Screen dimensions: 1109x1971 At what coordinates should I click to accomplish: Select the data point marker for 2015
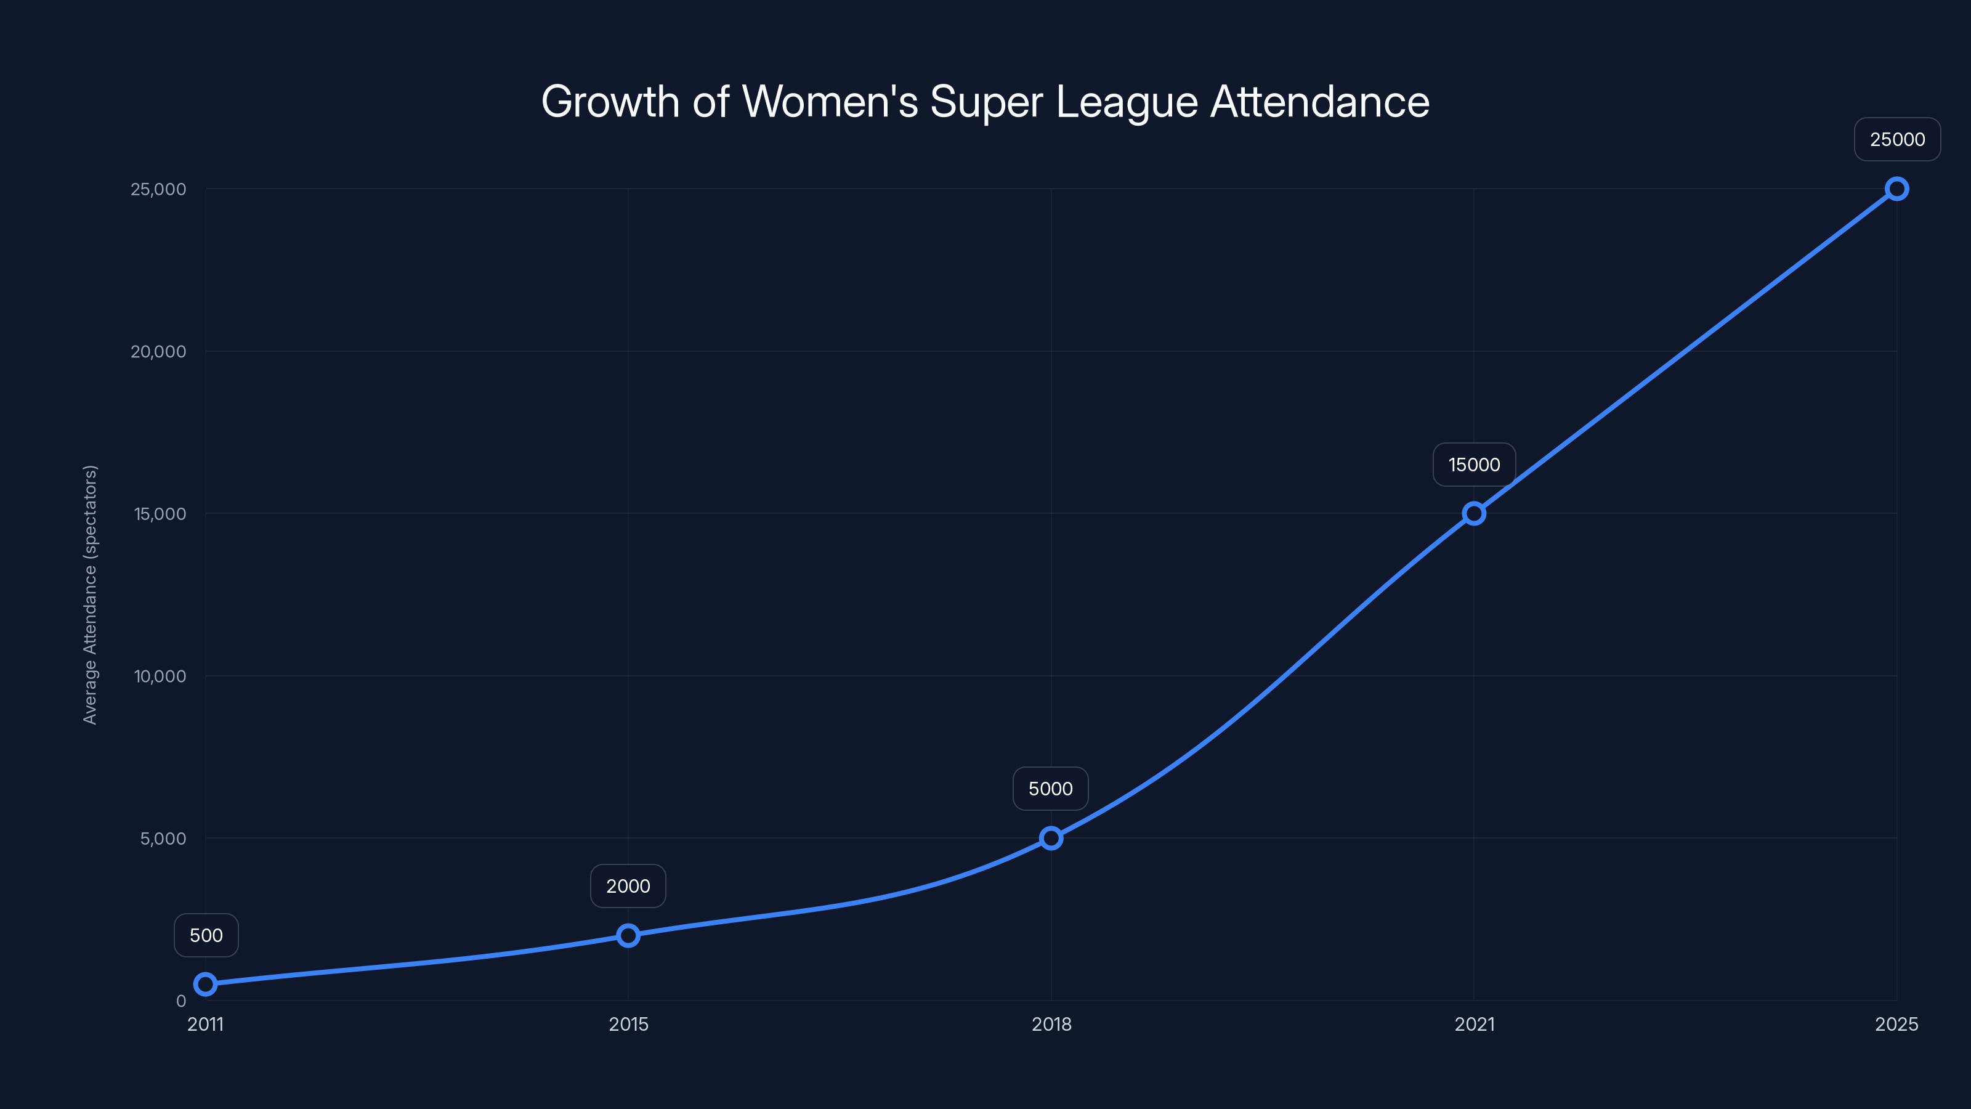coord(628,935)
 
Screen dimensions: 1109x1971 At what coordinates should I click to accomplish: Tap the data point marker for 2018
coord(1051,838)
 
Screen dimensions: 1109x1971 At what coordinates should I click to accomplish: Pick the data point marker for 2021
coord(1474,514)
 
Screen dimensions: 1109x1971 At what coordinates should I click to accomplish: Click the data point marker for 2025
coord(1897,189)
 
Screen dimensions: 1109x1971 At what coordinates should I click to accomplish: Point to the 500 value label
coord(206,935)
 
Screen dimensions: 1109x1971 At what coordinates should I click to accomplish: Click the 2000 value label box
coord(628,887)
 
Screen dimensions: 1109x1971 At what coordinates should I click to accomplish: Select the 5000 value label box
coord(1051,789)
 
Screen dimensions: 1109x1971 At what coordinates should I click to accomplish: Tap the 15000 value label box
coord(1474,465)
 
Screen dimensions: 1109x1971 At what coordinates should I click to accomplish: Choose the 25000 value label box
coord(1897,139)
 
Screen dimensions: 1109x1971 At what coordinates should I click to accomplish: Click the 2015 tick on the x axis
coord(628,1024)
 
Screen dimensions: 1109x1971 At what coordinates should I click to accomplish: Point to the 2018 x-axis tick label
coord(1051,1024)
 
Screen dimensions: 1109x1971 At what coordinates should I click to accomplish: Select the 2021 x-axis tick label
coord(1474,1024)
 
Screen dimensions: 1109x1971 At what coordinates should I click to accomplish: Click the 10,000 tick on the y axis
coord(160,676)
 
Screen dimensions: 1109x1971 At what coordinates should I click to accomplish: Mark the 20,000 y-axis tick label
coord(158,351)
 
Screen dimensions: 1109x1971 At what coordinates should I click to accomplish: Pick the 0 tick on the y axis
coord(180,1001)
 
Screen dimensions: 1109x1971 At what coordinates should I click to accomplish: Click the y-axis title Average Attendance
coord(91,595)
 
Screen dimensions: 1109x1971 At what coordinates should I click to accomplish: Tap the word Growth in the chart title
coord(610,102)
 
